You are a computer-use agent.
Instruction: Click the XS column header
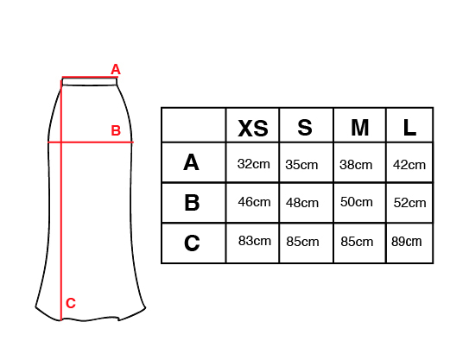[x=253, y=129]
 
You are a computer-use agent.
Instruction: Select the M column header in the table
[x=360, y=128]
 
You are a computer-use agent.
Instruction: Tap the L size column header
[x=409, y=128]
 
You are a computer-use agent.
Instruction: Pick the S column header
[x=305, y=128]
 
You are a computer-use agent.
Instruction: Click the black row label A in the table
[x=191, y=162]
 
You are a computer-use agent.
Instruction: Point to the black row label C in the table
[x=192, y=243]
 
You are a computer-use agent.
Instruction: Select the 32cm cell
[x=254, y=164]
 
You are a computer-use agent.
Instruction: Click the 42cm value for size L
[x=409, y=165]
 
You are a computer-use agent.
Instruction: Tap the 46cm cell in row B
[x=254, y=202]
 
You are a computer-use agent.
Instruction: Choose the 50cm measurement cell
[x=357, y=202]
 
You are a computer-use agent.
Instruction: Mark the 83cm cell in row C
[x=255, y=241]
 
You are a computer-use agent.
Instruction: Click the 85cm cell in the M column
[x=357, y=242]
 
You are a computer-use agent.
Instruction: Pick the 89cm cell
[x=407, y=242]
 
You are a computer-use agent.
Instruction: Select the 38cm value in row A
[x=356, y=165]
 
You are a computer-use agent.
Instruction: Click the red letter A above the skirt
[x=116, y=69]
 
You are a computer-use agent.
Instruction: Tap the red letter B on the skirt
[x=116, y=130]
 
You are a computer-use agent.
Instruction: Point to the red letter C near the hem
[x=71, y=303]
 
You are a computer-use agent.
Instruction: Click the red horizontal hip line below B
[x=91, y=142]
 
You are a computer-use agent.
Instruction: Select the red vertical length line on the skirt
[x=61, y=200]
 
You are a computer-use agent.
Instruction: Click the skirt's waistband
[x=90, y=82]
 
